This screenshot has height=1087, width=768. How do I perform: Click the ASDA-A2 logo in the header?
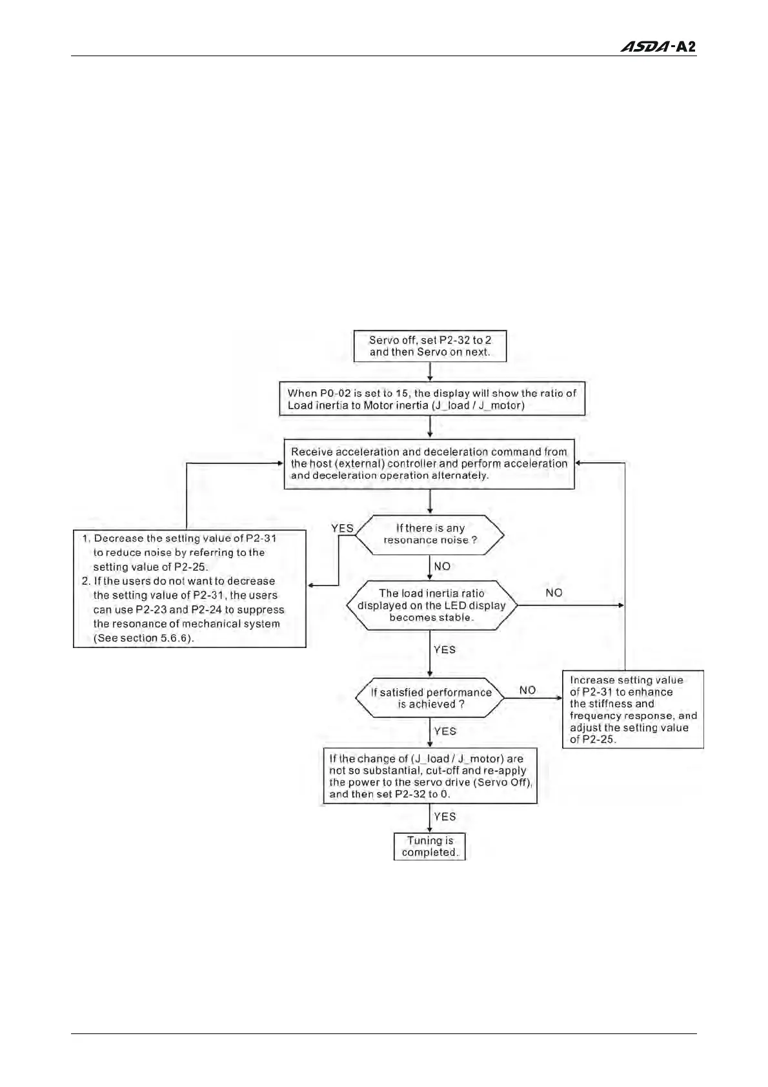click(x=658, y=47)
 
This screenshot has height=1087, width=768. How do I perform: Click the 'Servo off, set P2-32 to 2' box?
click(x=430, y=346)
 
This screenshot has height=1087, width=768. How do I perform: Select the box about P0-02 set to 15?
click(x=432, y=399)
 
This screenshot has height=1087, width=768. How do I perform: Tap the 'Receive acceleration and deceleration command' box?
click(x=429, y=463)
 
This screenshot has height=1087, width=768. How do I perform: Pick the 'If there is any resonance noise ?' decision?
click(x=430, y=534)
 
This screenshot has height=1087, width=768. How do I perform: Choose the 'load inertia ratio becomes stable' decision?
click(x=432, y=605)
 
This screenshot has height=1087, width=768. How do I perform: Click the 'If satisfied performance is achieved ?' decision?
click(x=430, y=698)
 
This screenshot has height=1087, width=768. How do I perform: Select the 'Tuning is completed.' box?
click(x=430, y=846)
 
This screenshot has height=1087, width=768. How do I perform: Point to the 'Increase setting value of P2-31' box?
click(x=632, y=709)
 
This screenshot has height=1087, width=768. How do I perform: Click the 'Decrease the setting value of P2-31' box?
click(x=190, y=588)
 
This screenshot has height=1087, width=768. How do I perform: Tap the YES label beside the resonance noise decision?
click(x=342, y=528)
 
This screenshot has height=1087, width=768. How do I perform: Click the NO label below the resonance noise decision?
click(x=442, y=566)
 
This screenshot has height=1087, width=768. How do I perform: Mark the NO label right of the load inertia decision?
click(x=554, y=593)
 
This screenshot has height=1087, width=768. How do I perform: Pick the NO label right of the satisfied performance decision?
click(x=527, y=690)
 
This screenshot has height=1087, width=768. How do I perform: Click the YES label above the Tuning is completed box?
click(x=445, y=817)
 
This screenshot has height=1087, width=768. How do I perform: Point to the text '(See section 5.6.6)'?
click(x=144, y=638)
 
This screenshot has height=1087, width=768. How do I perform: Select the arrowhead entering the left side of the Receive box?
click(x=280, y=463)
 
